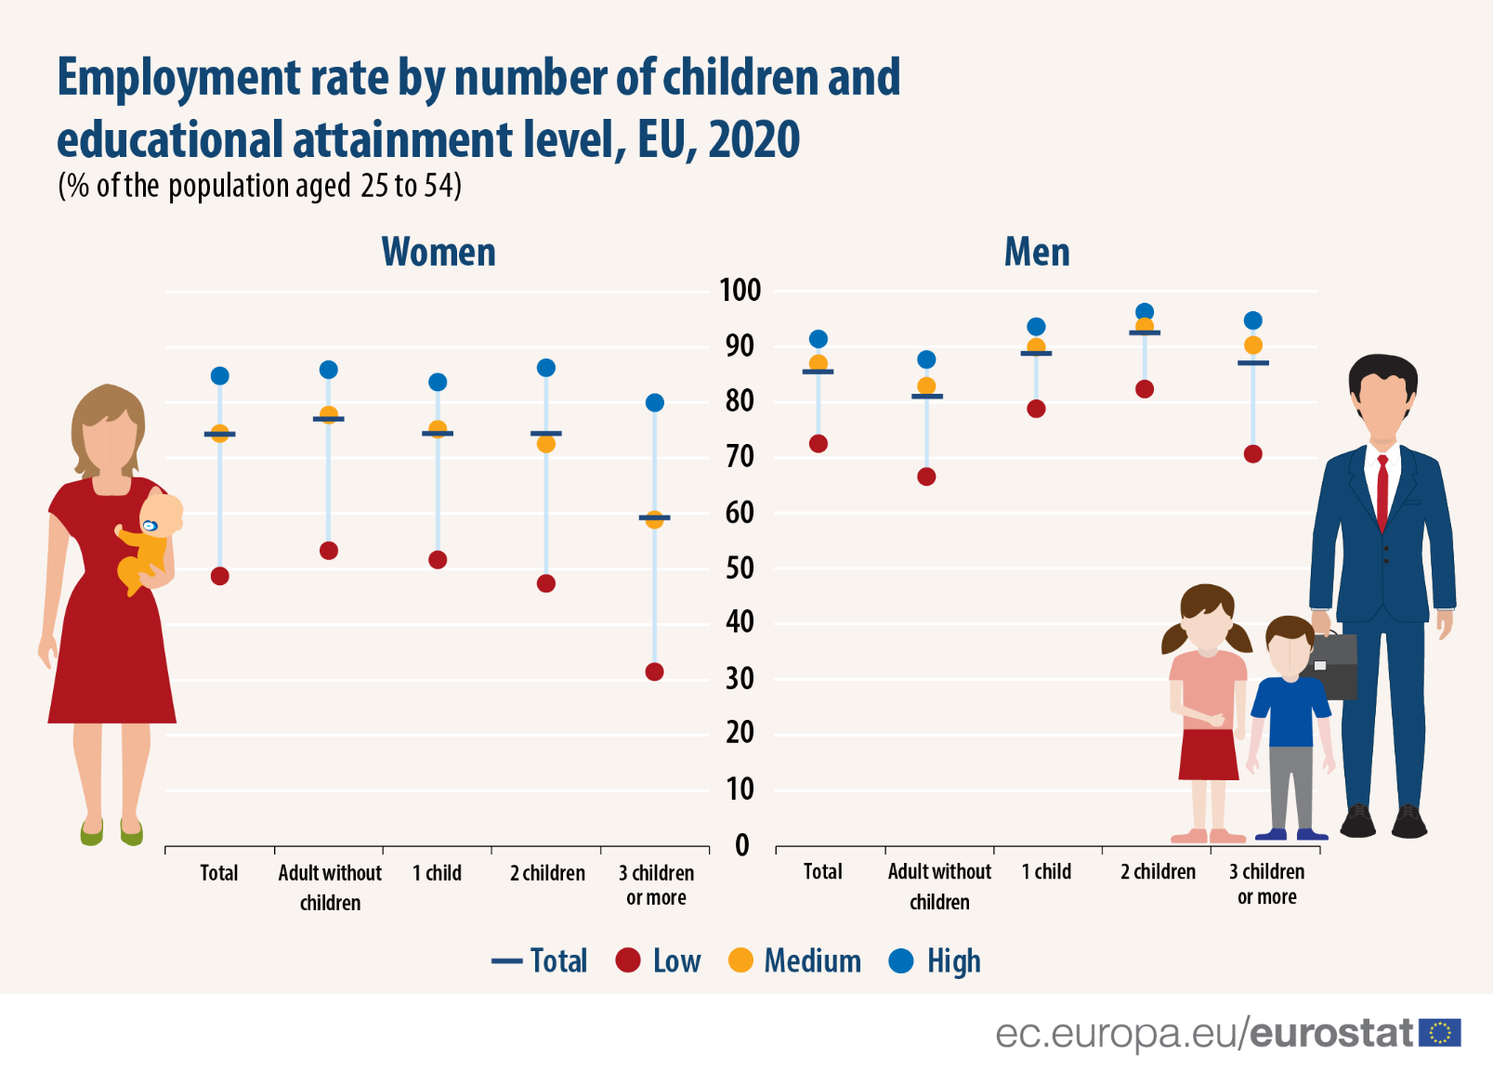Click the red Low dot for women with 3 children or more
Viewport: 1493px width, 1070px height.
(654, 672)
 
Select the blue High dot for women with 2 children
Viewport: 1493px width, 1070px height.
(546, 368)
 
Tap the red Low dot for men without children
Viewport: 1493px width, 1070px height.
(926, 476)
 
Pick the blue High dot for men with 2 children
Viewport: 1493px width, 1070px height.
(1145, 312)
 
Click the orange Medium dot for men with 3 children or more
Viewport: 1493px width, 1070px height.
(1253, 346)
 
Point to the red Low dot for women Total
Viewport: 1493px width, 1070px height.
(220, 576)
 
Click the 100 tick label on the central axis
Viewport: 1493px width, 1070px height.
(740, 290)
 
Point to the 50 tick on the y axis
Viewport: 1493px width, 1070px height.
(740, 568)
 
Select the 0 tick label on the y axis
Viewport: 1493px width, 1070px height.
(741, 845)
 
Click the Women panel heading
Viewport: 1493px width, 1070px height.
(439, 252)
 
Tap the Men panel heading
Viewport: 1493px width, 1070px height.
(1037, 252)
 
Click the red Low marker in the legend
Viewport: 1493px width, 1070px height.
(628, 960)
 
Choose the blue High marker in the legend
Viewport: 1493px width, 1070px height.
(901, 960)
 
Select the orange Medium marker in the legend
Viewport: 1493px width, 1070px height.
(740, 960)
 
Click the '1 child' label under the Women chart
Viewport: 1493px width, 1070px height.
(437, 873)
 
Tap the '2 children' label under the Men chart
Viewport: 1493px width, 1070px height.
(1158, 872)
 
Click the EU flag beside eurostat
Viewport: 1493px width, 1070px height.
(1440, 1033)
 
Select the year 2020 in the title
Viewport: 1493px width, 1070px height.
(753, 139)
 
